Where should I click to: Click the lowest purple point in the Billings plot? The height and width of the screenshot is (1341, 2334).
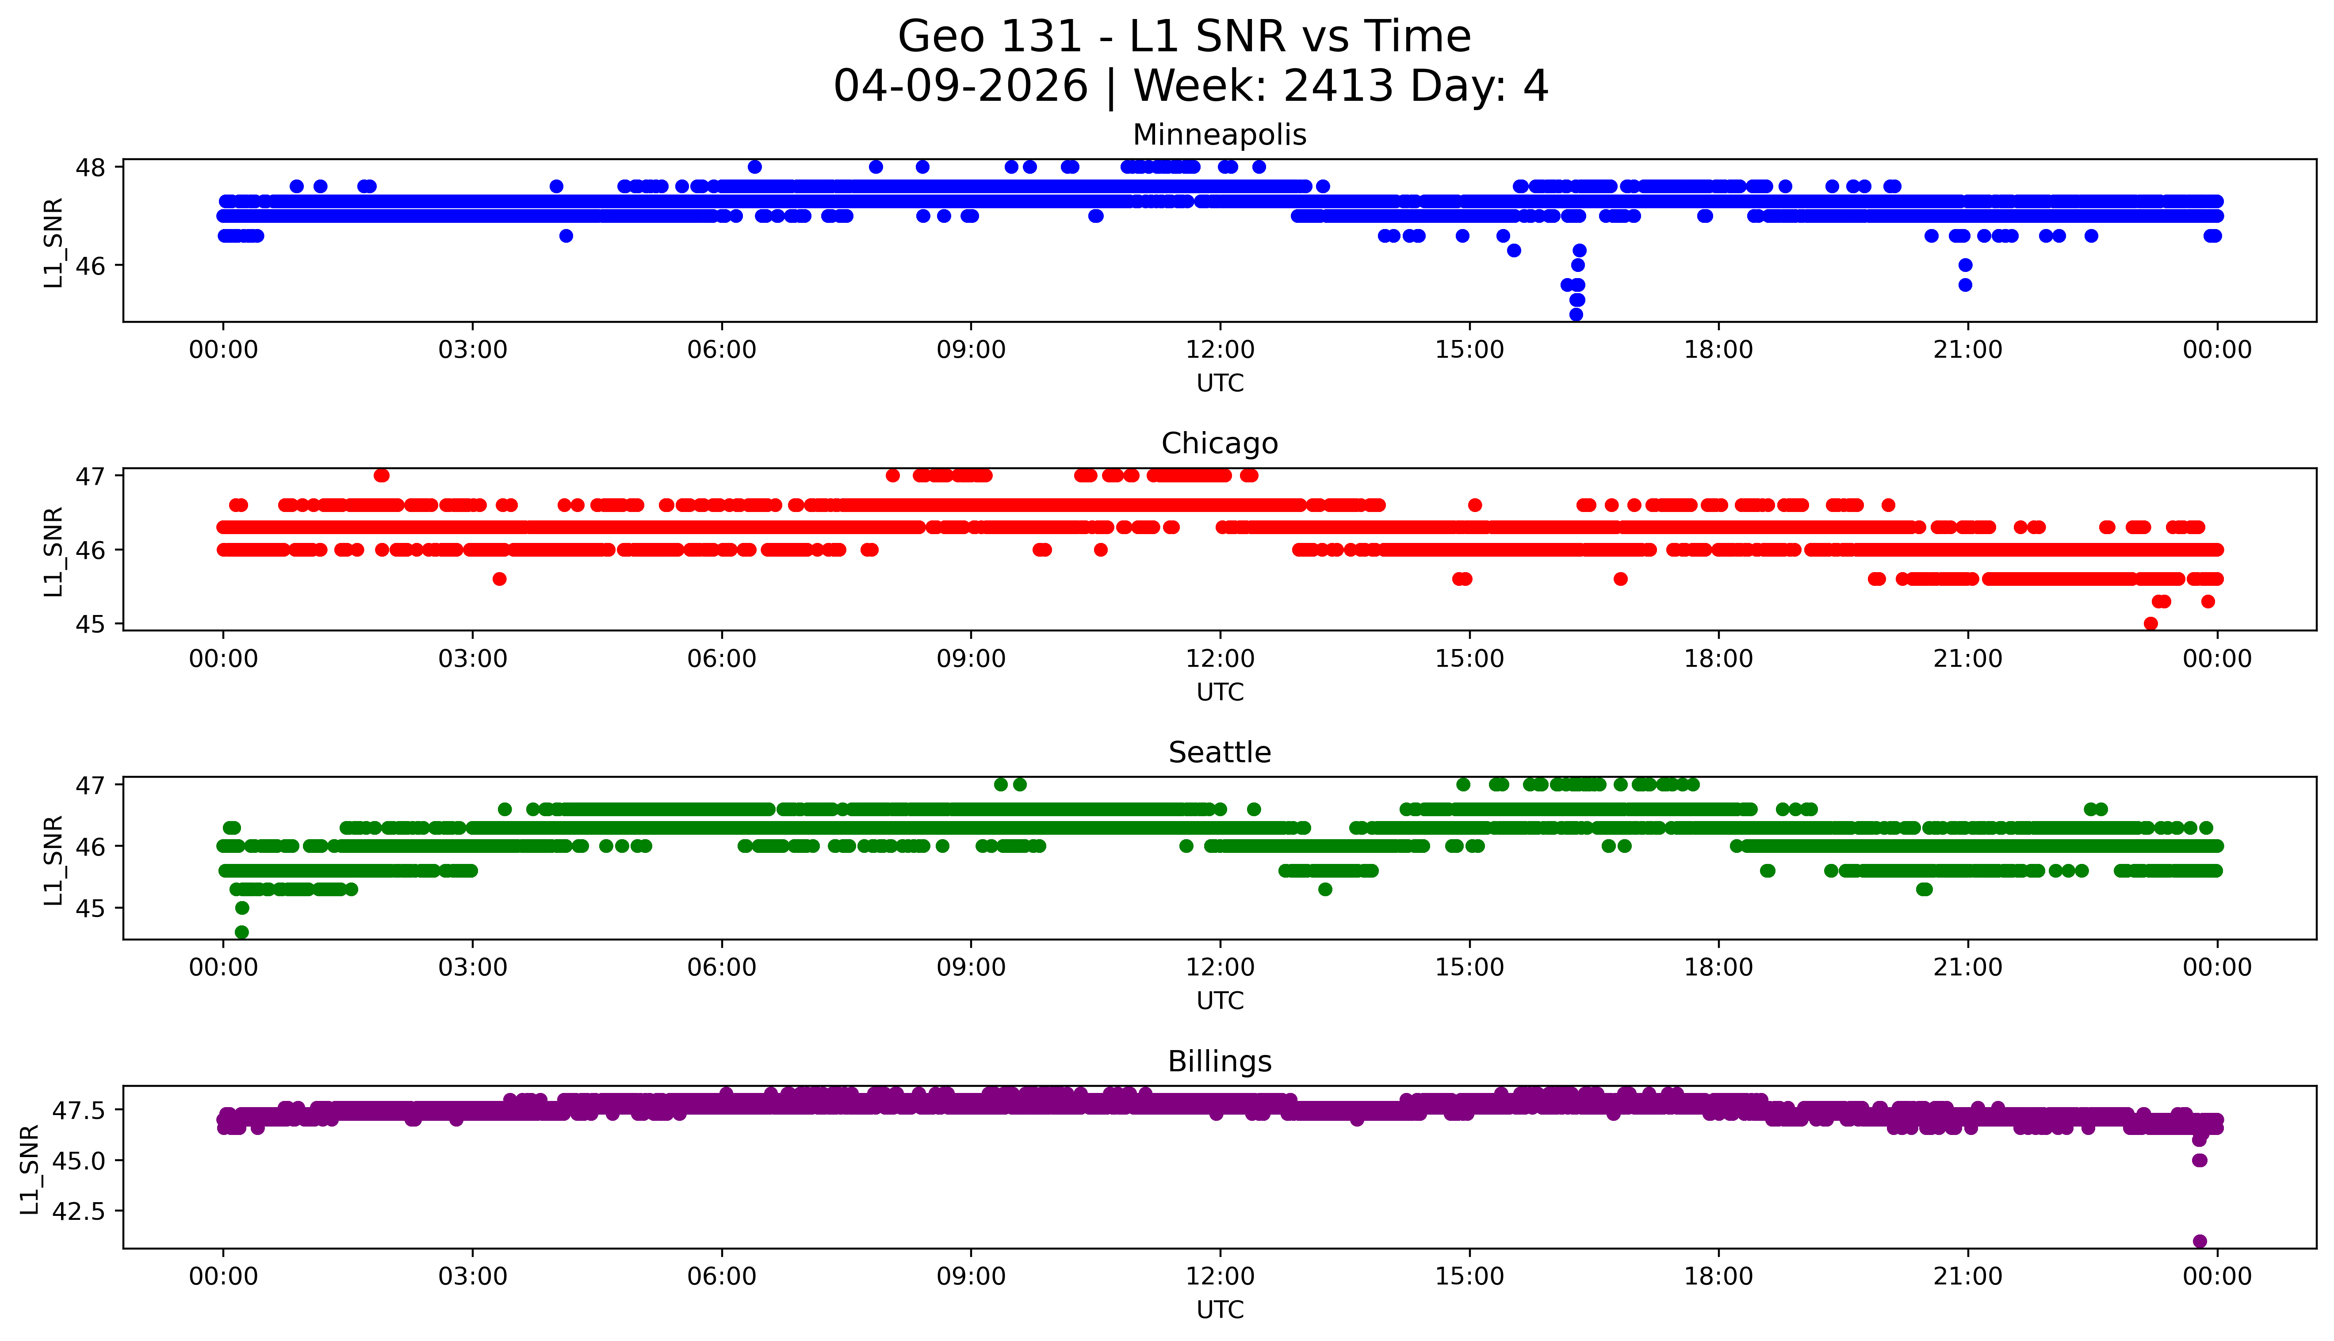[x=2200, y=1241]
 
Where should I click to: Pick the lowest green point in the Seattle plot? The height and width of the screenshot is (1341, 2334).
[x=241, y=932]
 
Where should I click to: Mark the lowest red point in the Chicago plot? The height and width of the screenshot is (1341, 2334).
[x=2151, y=623]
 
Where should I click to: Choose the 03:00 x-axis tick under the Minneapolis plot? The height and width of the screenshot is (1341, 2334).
[x=473, y=350]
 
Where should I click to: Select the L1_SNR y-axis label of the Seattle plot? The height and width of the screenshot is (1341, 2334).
[x=54, y=860]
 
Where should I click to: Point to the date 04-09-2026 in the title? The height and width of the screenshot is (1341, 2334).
[x=960, y=87]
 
